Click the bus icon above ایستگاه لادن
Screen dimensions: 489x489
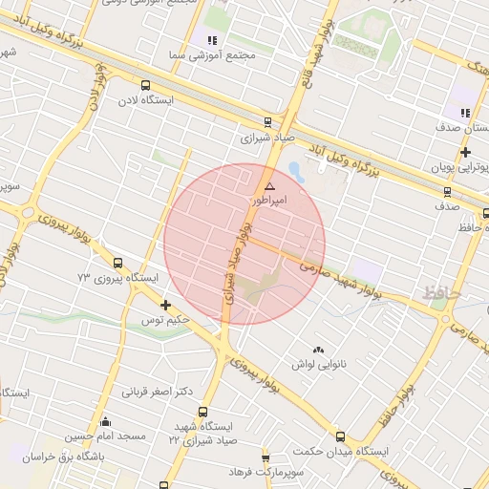click(x=144, y=84)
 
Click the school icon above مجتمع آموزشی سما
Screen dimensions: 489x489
click(x=212, y=40)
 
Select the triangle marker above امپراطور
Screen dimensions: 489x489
click(x=269, y=185)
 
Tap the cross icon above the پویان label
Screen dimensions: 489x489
click(x=464, y=152)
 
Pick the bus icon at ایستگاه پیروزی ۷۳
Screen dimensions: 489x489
click(x=117, y=263)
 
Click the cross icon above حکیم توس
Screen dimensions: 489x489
click(x=166, y=306)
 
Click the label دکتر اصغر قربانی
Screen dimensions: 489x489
click(x=158, y=392)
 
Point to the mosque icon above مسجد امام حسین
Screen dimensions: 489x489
click(x=105, y=421)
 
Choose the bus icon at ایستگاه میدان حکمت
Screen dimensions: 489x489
click(x=340, y=436)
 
